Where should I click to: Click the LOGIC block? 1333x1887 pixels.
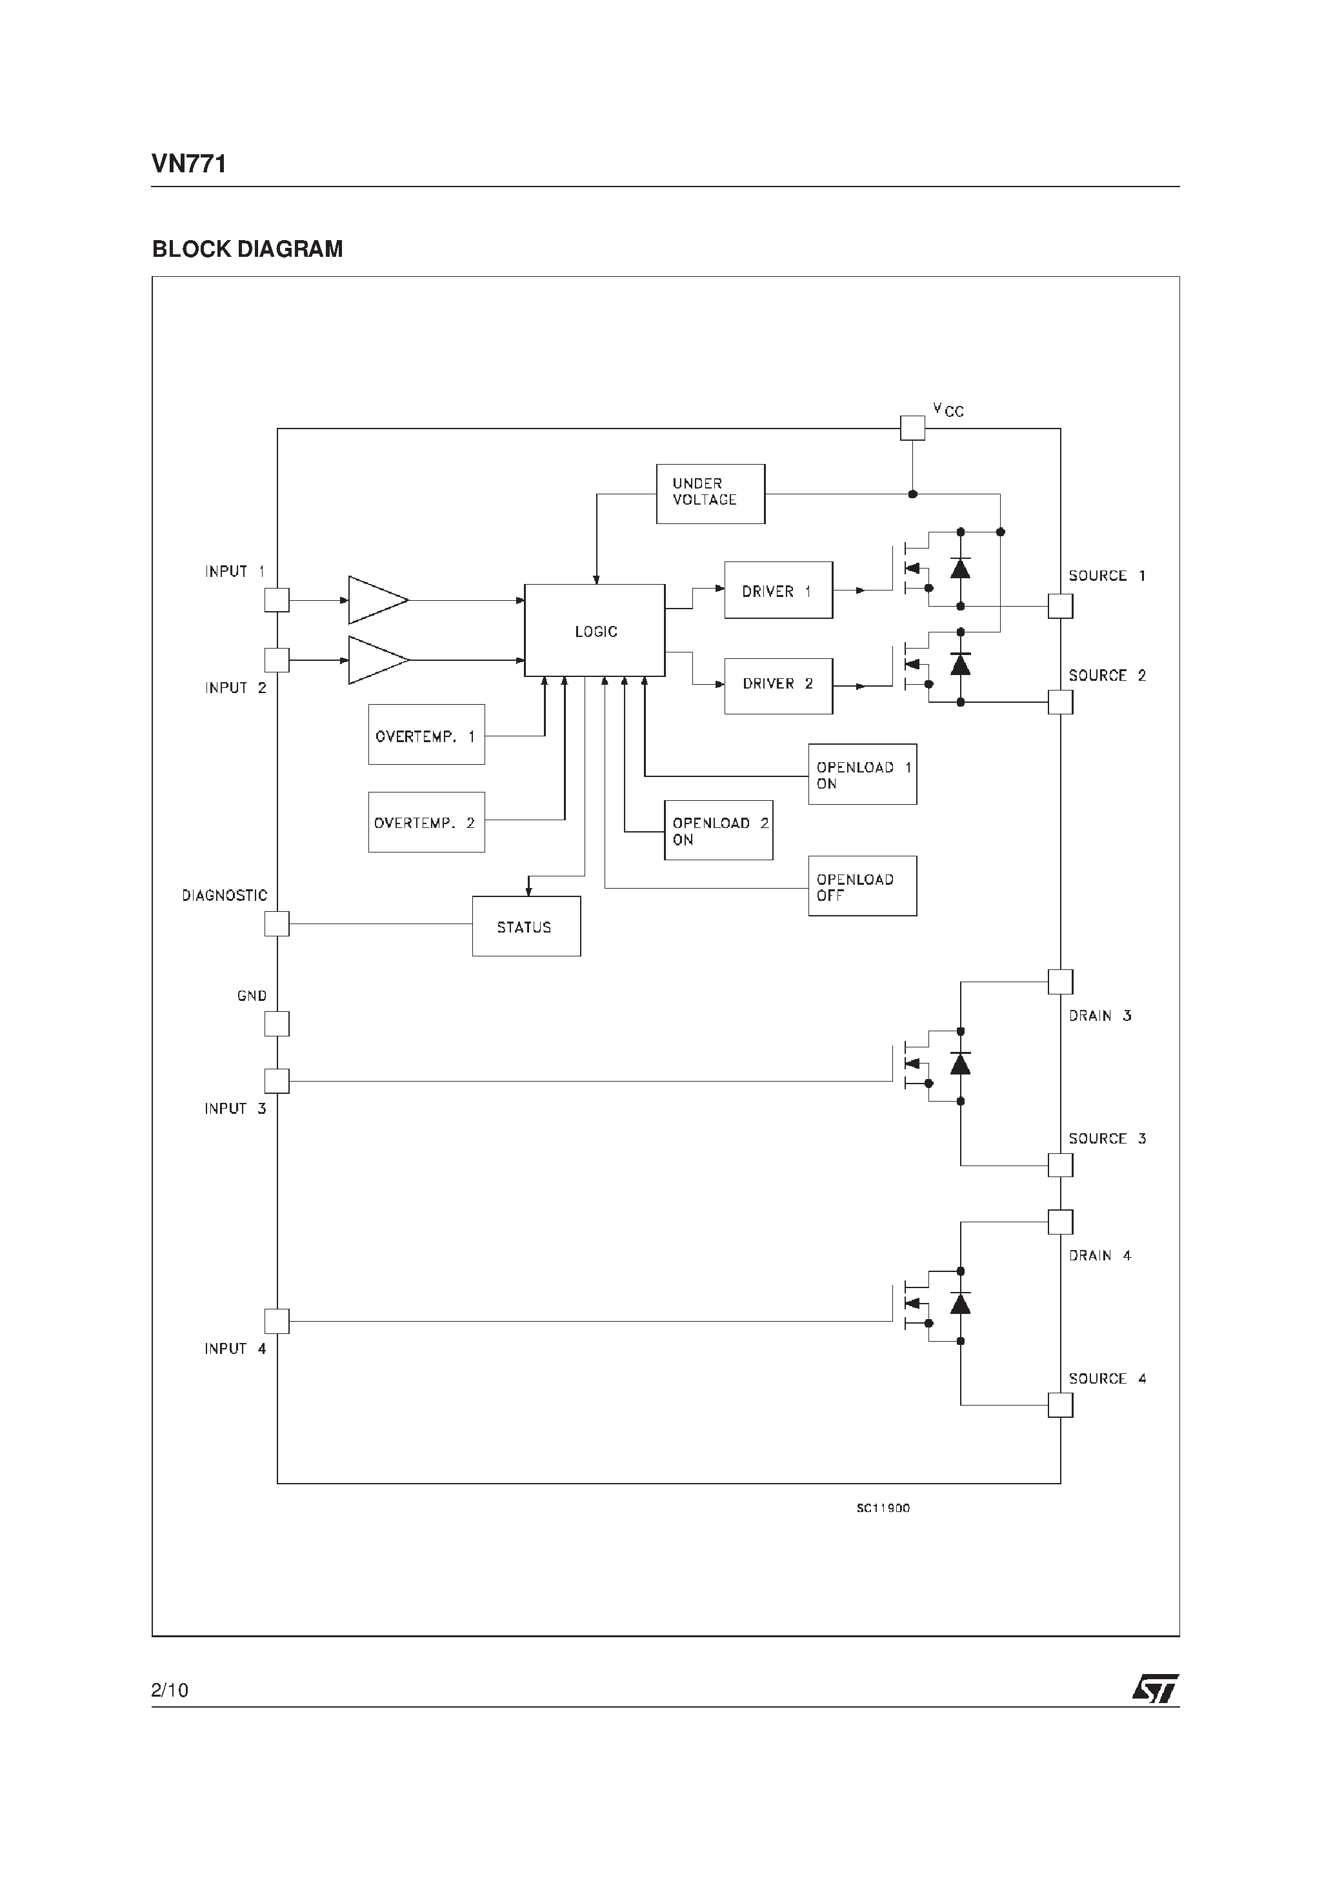click(594, 631)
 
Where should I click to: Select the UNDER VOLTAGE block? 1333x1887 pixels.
click(710, 493)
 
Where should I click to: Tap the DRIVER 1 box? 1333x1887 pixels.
click(777, 590)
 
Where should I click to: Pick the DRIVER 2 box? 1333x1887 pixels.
click(777, 685)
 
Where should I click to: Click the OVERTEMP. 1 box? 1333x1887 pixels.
click(426, 734)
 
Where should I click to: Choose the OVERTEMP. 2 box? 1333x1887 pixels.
click(426, 822)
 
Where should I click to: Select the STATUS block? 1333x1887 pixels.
click(526, 926)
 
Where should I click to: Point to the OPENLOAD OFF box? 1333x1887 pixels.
click(861, 886)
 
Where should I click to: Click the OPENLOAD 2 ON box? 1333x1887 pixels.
click(717, 830)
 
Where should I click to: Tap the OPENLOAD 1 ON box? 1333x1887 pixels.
click(861, 774)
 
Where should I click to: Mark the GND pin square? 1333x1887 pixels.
click(277, 1024)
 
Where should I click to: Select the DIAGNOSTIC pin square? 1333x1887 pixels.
click(277, 923)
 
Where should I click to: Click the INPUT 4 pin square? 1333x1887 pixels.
click(277, 1321)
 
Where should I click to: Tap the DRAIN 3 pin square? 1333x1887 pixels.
click(1060, 982)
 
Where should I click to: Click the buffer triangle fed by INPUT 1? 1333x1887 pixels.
click(374, 600)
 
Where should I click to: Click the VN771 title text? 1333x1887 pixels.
click(189, 165)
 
